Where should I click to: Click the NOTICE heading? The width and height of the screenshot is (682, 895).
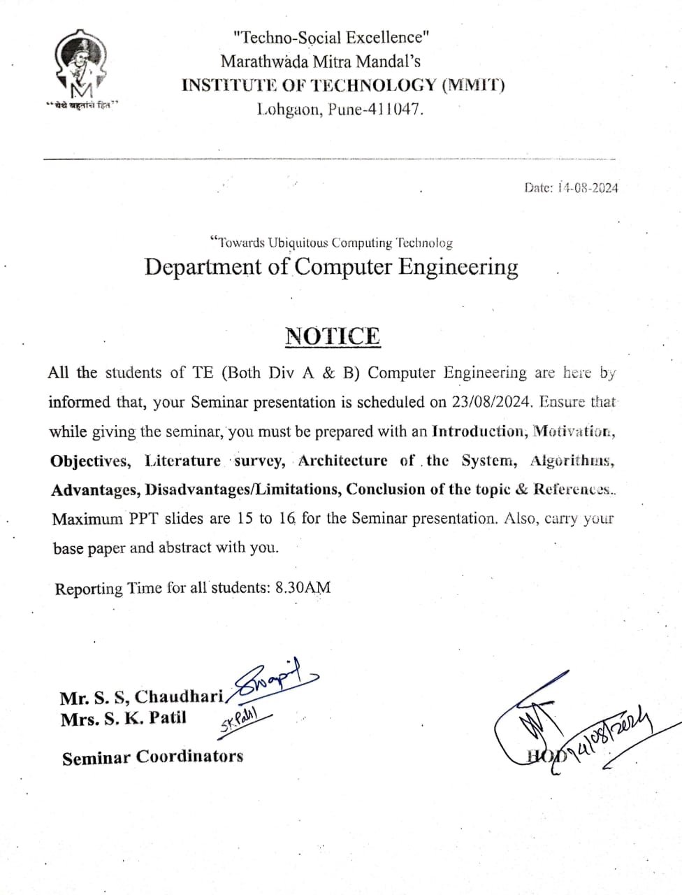(333, 336)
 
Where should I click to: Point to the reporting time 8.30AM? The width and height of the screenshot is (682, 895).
(303, 587)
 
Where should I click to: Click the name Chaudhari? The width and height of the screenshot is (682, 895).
(180, 696)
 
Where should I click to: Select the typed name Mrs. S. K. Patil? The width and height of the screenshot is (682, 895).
(124, 718)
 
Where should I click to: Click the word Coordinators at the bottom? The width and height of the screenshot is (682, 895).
(189, 757)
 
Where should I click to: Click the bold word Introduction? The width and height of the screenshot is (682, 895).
(477, 431)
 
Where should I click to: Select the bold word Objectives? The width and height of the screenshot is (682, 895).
(89, 461)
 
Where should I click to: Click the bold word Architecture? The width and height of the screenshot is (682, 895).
(342, 460)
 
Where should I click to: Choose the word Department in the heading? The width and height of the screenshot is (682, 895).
(203, 267)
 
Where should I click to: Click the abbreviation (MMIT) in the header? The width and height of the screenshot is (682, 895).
(472, 85)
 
